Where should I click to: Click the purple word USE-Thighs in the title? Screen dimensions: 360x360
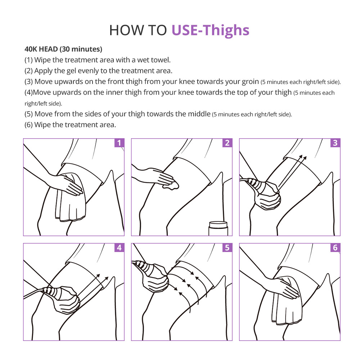(x=210, y=30)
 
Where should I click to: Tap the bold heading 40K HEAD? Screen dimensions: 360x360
(x=41, y=49)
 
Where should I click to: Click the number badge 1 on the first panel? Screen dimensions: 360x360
(x=119, y=143)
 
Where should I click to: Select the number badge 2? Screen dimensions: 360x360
(x=227, y=143)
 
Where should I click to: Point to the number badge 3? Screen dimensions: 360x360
(x=335, y=143)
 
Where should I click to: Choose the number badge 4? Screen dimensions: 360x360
(x=119, y=248)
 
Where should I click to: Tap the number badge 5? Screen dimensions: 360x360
(x=227, y=248)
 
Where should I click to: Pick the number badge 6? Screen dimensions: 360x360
(x=335, y=248)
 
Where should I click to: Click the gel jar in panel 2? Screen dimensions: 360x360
(x=218, y=229)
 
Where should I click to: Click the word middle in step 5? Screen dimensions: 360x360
(x=199, y=114)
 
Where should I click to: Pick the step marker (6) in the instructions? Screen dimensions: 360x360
(x=28, y=125)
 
